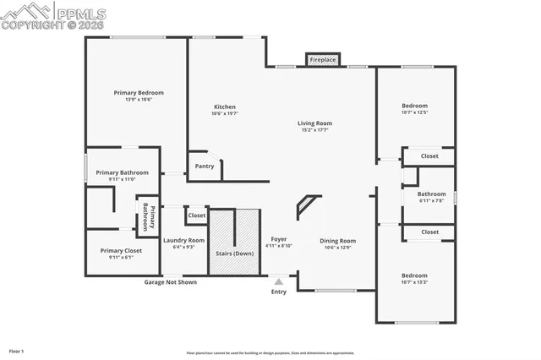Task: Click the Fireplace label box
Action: point(322,60)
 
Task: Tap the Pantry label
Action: point(205,166)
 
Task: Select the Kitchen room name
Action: point(225,106)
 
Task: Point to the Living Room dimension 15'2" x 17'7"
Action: point(314,130)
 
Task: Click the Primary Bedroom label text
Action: point(139,92)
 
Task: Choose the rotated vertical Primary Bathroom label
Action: point(148,216)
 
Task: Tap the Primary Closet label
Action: point(121,250)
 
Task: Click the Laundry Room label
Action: point(183,240)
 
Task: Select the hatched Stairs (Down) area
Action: point(232,241)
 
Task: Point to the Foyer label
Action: point(278,239)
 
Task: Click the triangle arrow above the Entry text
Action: point(278,281)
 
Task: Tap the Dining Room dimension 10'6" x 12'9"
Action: point(338,248)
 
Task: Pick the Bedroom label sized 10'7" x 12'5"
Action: point(414,106)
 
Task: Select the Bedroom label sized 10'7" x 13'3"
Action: point(414,275)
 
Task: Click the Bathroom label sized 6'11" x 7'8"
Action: point(430,194)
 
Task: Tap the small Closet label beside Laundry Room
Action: point(196,215)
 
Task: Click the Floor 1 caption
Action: point(16,351)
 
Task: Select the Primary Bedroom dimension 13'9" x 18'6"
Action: point(139,100)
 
